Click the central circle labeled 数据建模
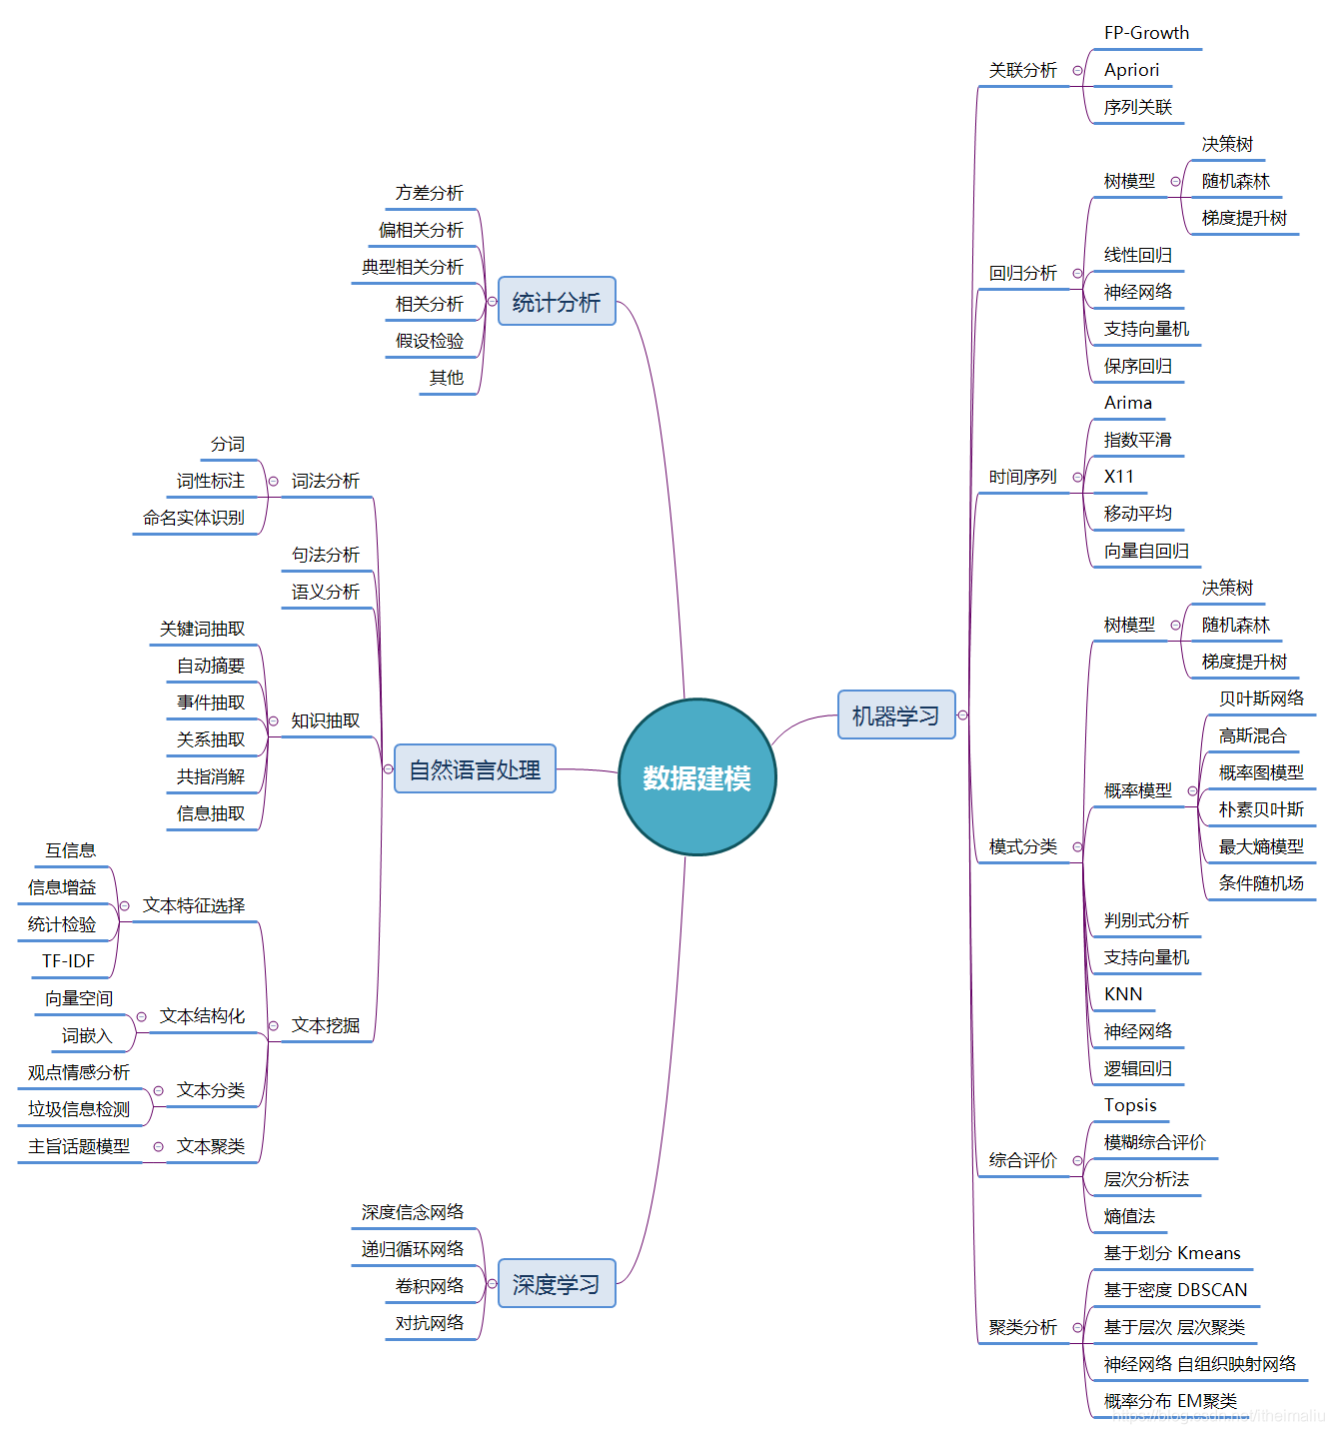point(696,777)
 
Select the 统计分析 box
point(557,302)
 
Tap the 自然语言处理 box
point(475,769)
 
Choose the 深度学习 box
point(557,1284)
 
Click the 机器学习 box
point(895,716)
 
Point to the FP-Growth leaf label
point(1146,33)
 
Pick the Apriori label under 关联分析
point(1131,70)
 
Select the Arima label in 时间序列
point(1128,403)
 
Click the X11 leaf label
point(1119,477)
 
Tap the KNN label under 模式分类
point(1123,994)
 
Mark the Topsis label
point(1130,1105)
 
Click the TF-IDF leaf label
point(68,961)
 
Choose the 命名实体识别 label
point(194,518)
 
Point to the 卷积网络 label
point(430,1286)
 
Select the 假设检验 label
point(430,341)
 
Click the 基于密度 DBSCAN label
point(1175,1290)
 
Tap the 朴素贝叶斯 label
point(1261,809)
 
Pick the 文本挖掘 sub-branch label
point(325,1025)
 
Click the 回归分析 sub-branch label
point(1022,273)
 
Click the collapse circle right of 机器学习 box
point(963,716)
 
